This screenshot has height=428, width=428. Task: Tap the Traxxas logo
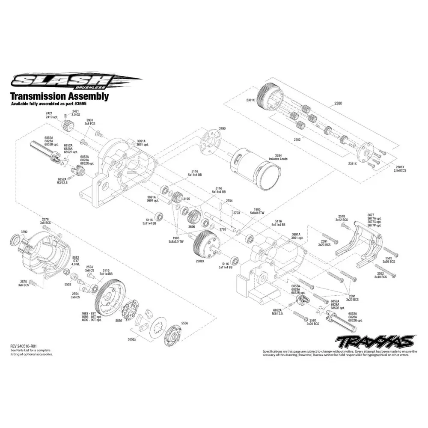tap(374, 341)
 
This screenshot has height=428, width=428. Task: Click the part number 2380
tap(338, 103)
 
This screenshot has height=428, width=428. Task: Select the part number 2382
tap(297, 140)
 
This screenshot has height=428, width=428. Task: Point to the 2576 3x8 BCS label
tap(45, 220)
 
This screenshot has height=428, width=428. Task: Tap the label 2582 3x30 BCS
tap(389, 259)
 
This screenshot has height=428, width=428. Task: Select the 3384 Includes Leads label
tap(278, 157)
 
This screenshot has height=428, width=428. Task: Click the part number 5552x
tap(132, 339)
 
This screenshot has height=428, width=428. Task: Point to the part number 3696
tap(191, 227)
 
